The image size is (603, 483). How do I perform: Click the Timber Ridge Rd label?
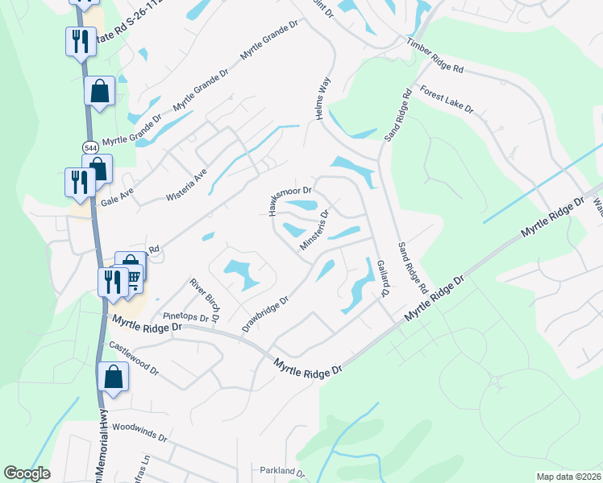click(435, 56)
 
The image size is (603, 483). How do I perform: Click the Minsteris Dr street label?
click(314, 230)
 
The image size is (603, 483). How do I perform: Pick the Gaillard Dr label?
click(382, 278)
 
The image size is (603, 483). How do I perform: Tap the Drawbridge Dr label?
click(265, 315)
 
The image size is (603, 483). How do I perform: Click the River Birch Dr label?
click(205, 299)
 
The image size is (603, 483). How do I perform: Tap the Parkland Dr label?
click(281, 471)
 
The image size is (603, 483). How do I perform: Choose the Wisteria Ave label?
click(186, 184)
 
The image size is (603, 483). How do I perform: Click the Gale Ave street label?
click(115, 192)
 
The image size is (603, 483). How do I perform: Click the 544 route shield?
click(89, 147)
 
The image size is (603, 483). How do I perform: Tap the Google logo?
click(27, 473)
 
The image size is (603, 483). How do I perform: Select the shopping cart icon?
click(132, 278)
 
